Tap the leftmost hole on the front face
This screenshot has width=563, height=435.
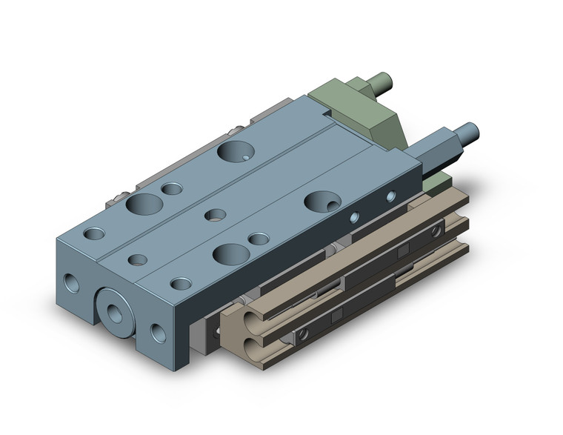click(73, 282)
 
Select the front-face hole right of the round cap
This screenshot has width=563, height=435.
click(156, 331)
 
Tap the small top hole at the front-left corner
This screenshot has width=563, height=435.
click(94, 233)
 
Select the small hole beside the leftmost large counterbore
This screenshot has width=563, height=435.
click(172, 188)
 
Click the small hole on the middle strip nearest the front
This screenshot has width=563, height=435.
click(137, 259)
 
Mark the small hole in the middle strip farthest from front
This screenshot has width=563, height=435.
click(216, 215)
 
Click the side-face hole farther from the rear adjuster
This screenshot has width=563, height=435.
click(356, 217)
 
